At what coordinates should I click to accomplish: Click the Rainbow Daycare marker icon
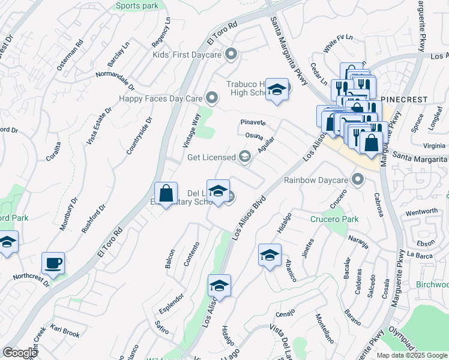[358, 179]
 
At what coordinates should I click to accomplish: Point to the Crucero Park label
[334, 219]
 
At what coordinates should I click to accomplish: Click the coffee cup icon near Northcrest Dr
[53, 263]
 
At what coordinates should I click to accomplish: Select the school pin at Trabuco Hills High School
[277, 90]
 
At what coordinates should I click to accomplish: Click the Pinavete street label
[253, 122]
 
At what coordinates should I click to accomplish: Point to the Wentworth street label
[421, 212]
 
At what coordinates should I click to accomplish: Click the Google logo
[19, 353]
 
